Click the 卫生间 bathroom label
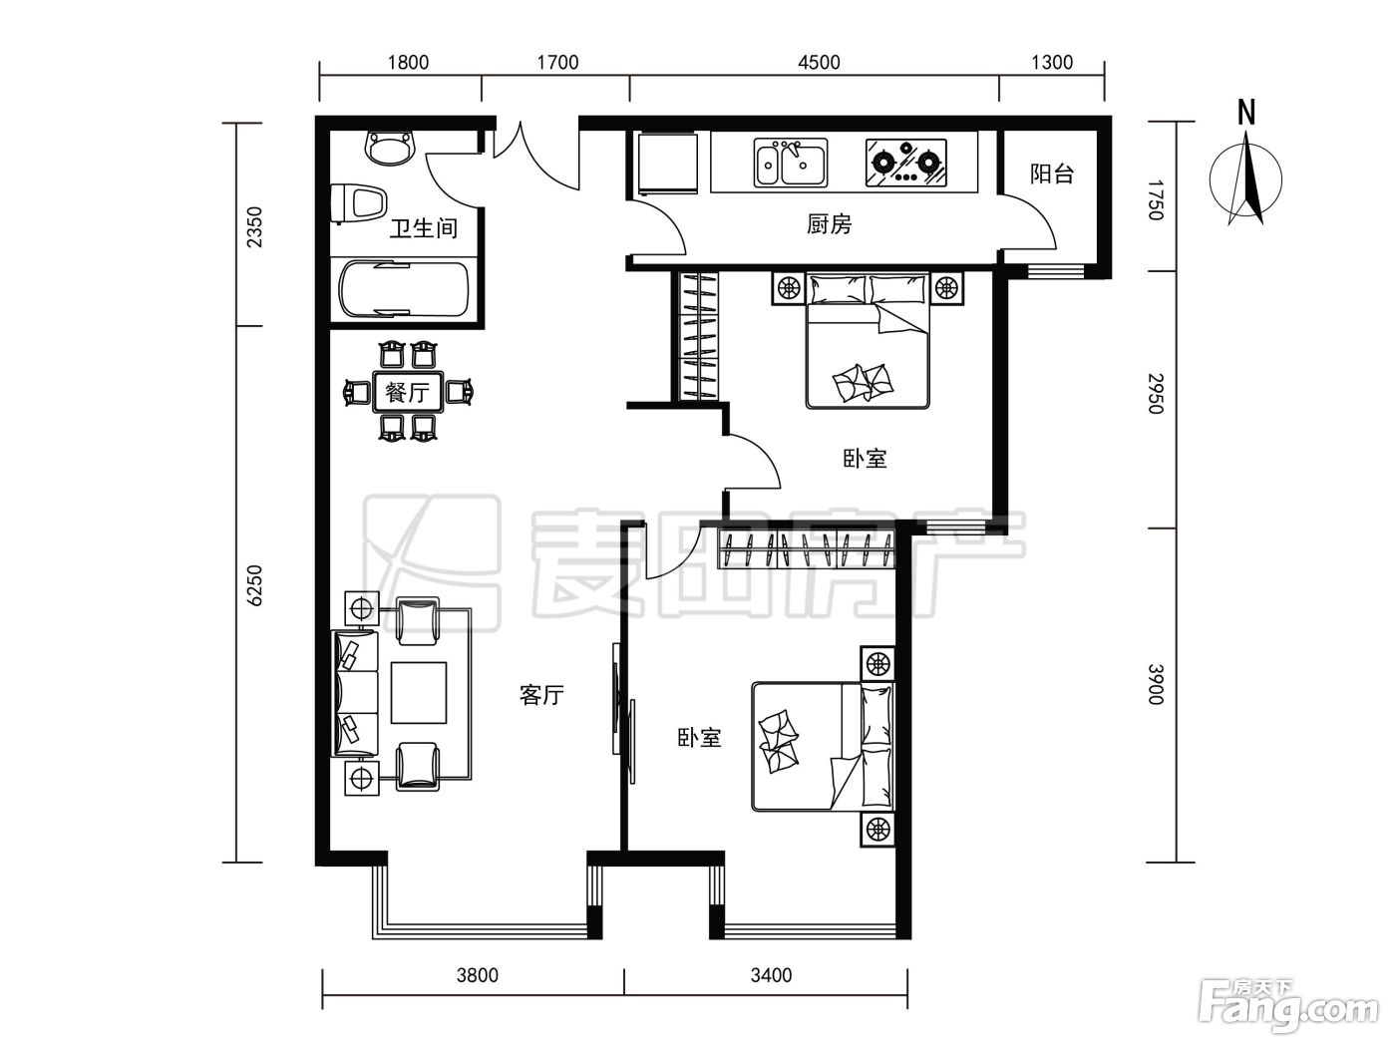point(424,228)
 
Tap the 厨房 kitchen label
point(829,224)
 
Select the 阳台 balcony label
point(1052,174)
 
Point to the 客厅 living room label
point(541,695)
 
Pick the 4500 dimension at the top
point(820,62)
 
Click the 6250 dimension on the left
point(253,585)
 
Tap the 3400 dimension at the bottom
point(771,974)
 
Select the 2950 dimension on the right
point(1156,394)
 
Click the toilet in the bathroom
point(359,203)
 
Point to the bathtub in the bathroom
point(405,290)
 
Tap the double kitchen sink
point(791,163)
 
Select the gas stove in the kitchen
point(905,163)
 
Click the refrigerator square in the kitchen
point(668,163)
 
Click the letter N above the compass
point(1246,113)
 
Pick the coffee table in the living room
point(419,692)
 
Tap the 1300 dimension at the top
point(1052,62)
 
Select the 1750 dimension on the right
point(1156,200)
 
